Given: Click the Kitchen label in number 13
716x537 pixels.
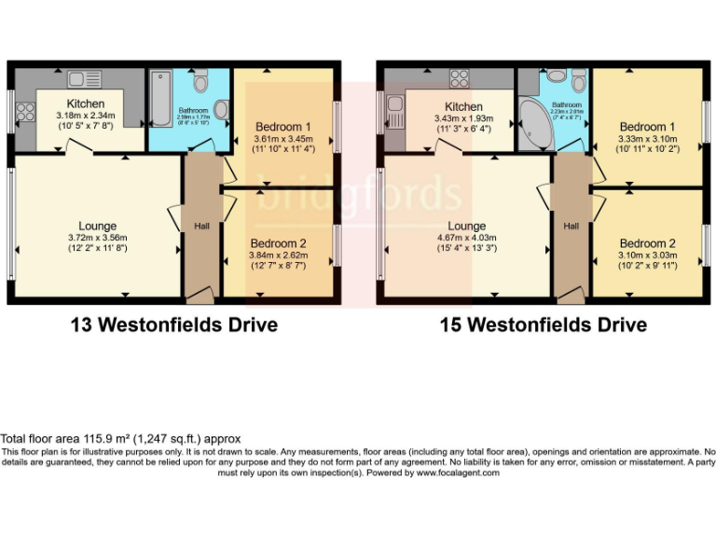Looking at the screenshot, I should (85, 103).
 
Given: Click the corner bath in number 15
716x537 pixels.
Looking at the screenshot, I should (534, 126).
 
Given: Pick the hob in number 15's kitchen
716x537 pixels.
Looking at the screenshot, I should (459, 80).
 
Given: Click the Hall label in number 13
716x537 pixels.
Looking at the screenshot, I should (201, 226).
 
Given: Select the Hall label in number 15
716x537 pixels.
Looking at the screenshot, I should (571, 226).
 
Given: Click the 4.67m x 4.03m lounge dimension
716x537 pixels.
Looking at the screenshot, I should (466, 238).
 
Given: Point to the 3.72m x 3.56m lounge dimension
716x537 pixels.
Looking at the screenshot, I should (98, 238).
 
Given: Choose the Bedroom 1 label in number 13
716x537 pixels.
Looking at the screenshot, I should (282, 127).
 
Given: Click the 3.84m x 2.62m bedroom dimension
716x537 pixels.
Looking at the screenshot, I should (282, 255).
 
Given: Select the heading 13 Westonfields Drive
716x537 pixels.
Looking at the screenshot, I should (174, 325).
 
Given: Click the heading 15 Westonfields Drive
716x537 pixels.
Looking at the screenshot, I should (544, 325).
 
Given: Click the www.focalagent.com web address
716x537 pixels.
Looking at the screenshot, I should (454, 473).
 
